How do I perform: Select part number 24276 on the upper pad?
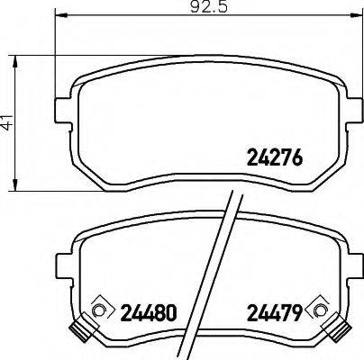point(273,159)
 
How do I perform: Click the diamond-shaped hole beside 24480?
point(100,310)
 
